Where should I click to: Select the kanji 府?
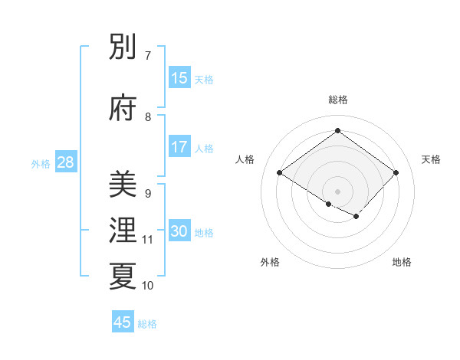pos(123,107)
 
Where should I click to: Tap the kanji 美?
pos(123,184)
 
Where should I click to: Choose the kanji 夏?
pos(123,276)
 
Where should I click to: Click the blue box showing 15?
pos(179,78)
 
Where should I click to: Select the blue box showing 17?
pos(179,147)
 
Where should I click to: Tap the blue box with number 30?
pos(179,231)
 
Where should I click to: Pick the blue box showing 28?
pos(65,162)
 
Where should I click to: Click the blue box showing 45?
pos(123,322)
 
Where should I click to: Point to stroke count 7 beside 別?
pos(147,56)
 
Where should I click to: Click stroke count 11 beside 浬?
pos(147,240)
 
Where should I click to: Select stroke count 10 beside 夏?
pos(147,286)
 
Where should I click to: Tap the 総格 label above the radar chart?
pos(337,100)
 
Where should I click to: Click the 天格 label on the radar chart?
pos(431,159)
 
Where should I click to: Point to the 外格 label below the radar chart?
pos(270,262)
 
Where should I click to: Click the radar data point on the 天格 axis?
pos(396,172)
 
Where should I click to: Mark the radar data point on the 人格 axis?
pos(280,172)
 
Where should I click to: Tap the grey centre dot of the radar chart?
pos(337,191)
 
